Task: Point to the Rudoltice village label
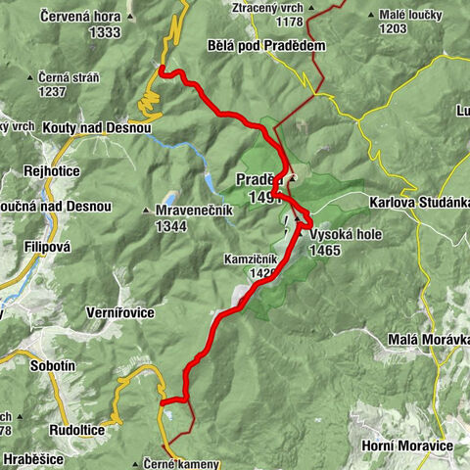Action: [76, 430]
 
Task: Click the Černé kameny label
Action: [186, 463]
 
